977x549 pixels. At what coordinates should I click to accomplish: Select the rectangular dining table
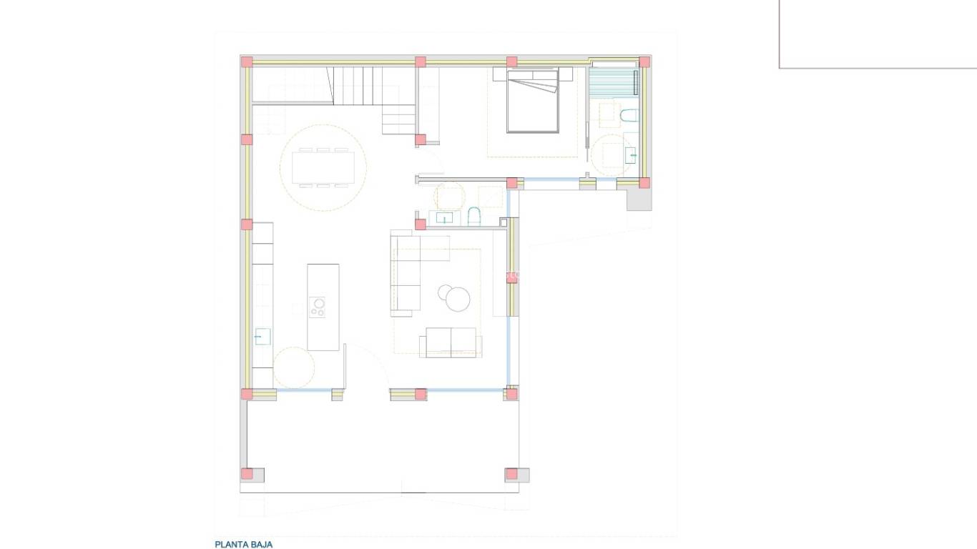(323, 168)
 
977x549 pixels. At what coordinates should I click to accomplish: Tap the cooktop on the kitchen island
(318, 307)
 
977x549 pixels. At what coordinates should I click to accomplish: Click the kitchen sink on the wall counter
(262, 336)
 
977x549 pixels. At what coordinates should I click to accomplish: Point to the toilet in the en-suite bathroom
(629, 116)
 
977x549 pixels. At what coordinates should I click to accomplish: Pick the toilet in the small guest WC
(474, 215)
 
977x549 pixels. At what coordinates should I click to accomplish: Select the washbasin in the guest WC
(444, 218)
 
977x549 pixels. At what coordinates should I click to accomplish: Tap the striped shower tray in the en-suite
(613, 81)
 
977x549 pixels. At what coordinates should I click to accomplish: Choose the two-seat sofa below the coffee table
(451, 342)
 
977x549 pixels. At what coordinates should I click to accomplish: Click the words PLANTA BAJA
(243, 544)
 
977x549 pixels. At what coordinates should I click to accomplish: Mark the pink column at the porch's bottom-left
(247, 473)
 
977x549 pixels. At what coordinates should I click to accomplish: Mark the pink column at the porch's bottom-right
(511, 473)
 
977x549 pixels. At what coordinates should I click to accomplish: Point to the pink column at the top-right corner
(644, 62)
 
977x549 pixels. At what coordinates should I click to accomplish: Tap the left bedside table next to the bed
(499, 74)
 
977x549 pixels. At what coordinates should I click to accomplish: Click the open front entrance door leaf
(345, 366)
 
